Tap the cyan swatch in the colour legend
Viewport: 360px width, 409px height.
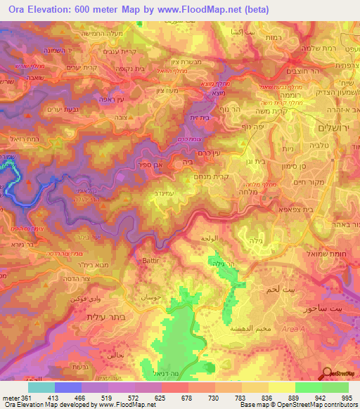pos(41,387)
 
